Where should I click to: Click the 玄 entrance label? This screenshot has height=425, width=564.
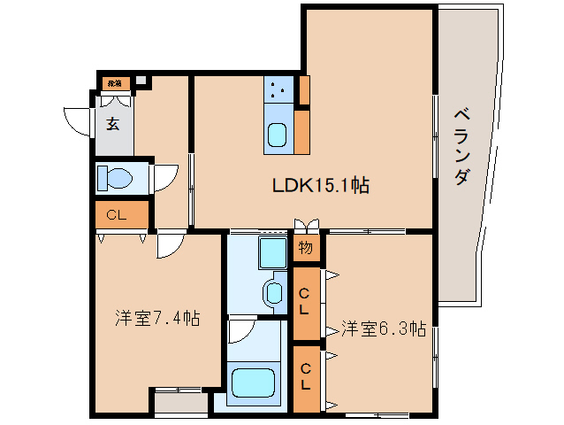113,124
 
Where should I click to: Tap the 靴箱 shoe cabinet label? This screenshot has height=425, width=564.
114,84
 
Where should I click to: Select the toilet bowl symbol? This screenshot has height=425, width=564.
114,178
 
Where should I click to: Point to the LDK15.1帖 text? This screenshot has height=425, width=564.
319,186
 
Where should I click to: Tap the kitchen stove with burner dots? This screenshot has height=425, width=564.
279,89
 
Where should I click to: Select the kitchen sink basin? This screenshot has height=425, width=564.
277,135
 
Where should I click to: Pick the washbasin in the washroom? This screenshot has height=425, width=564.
274,293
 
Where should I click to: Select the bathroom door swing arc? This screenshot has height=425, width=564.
240,331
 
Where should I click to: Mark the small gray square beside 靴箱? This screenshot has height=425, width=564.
141,82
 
